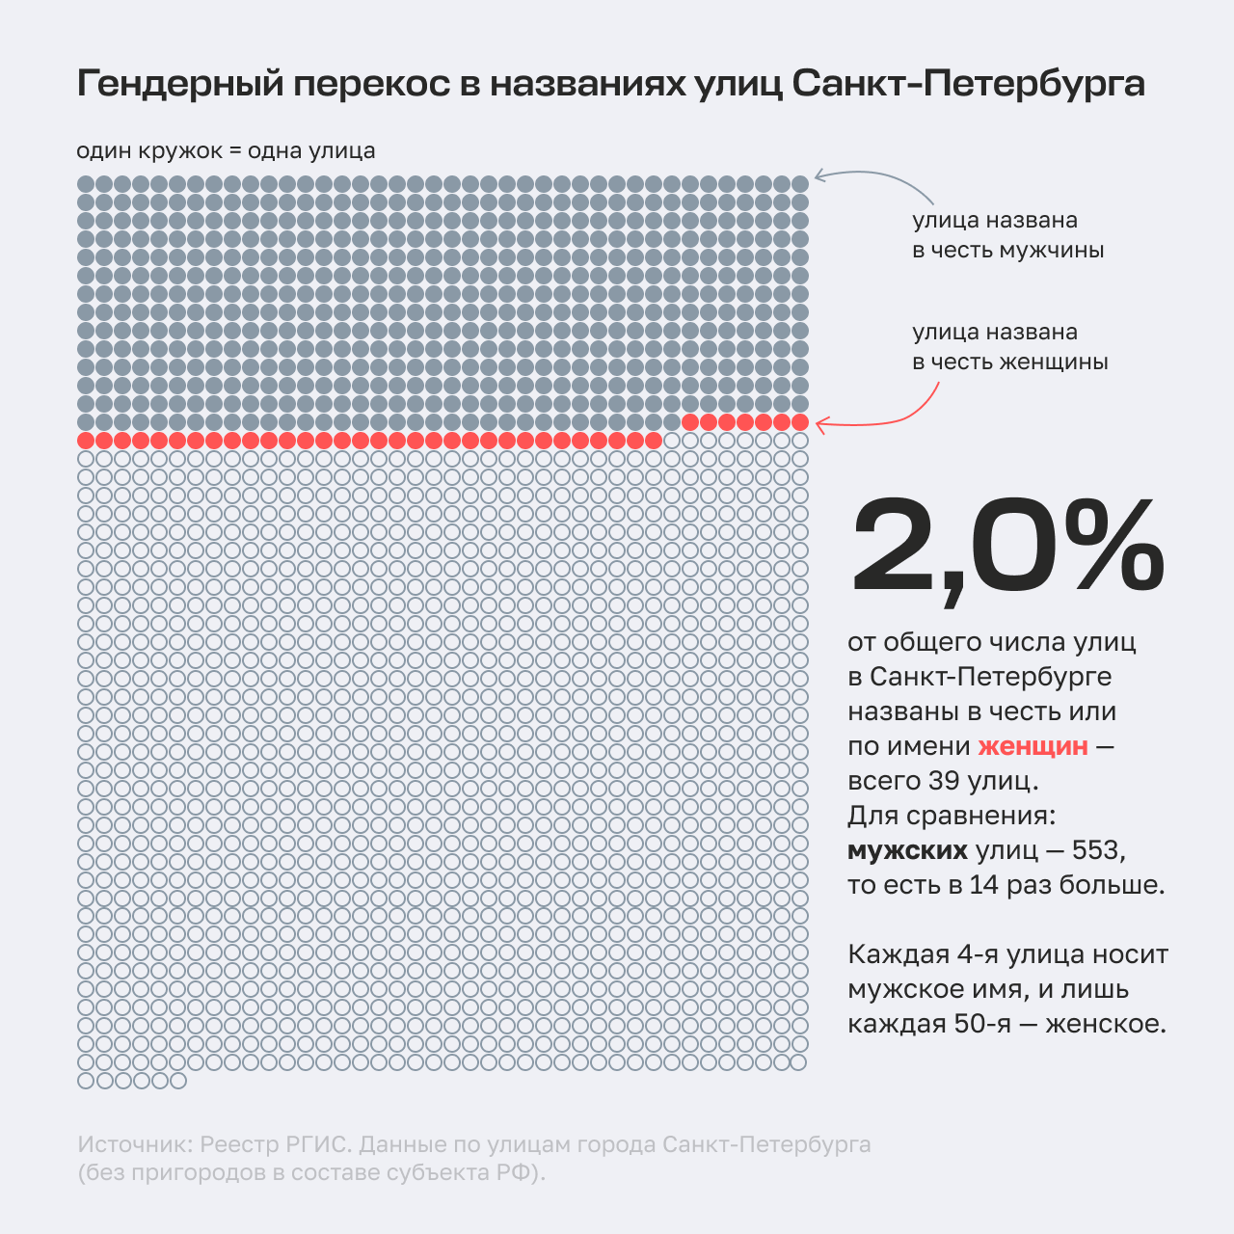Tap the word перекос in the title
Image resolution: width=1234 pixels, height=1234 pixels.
[x=370, y=85]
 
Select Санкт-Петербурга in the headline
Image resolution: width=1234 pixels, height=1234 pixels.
[x=968, y=85]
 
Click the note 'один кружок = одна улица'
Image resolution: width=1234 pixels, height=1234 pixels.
[x=226, y=151]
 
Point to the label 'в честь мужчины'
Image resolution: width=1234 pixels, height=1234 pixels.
[x=1007, y=251]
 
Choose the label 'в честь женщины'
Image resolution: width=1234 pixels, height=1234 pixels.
[x=1009, y=362]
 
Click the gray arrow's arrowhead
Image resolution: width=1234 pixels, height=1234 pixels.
[x=818, y=175]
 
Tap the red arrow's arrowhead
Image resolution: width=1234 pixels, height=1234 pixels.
[x=819, y=423]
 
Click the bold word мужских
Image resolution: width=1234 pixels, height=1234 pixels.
[x=907, y=850]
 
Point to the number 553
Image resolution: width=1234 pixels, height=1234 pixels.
[x=1097, y=850]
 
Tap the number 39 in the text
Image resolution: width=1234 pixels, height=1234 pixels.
[x=945, y=781]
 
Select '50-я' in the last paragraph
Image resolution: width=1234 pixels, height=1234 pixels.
[x=982, y=1024]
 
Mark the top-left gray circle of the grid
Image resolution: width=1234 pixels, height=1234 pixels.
[x=86, y=184]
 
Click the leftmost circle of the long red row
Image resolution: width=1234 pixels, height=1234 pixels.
[x=86, y=441]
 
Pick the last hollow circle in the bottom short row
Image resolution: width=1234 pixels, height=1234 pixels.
[x=177, y=1081]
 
